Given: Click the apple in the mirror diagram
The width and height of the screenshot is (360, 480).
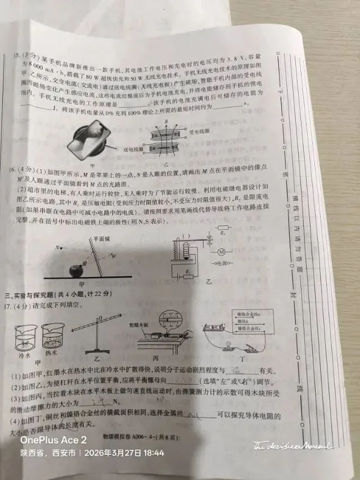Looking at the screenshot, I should tap(75, 270).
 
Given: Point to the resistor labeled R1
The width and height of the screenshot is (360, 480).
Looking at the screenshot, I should tap(223, 230).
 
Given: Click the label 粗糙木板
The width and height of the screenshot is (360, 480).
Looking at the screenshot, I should tap(154, 324).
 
